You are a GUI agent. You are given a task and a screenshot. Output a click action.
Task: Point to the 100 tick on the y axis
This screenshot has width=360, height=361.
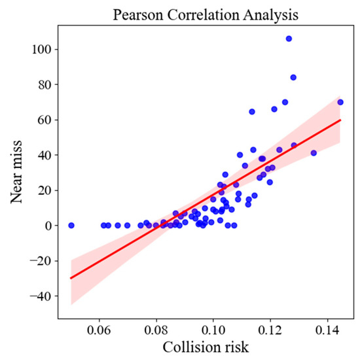click(x=45, y=50)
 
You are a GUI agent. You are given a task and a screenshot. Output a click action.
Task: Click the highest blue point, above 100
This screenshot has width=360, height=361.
click(x=289, y=39)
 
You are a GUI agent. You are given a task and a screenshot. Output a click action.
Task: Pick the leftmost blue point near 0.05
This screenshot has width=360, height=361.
click(x=71, y=226)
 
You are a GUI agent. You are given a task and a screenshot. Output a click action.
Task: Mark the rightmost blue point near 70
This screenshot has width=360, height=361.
click(x=340, y=102)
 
